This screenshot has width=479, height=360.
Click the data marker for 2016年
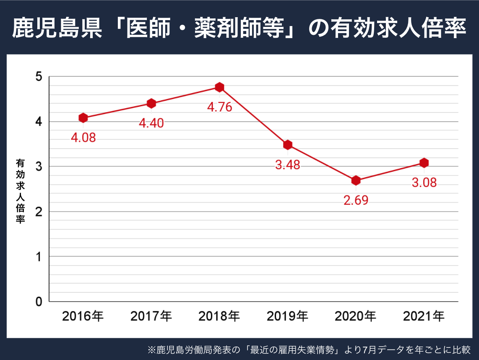[x=83, y=118]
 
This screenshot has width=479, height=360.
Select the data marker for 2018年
[x=219, y=87]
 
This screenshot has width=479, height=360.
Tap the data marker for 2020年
[x=356, y=180]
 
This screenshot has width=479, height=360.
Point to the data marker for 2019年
[x=287, y=145]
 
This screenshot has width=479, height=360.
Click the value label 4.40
[x=151, y=123]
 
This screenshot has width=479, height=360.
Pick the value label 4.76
[x=219, y=107]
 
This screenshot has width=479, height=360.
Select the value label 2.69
[x=356, y=200]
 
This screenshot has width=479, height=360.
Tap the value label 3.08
[x=424, y=183]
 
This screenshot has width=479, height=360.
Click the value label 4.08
[x=83, y=138]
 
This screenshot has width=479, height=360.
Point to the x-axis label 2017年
[x=151, y=316]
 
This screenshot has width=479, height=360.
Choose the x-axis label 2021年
[x=424, y=316]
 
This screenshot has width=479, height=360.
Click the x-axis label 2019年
[x=287, y=316]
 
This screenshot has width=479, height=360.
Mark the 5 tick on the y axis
[x=39, y=77]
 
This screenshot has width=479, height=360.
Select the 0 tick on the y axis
[x=39, y=301]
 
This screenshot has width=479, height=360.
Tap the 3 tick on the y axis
[x=39, y=167]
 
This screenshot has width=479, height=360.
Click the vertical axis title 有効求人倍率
[x=20, y=190]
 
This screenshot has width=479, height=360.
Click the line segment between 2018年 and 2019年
[x=253, y=116]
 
